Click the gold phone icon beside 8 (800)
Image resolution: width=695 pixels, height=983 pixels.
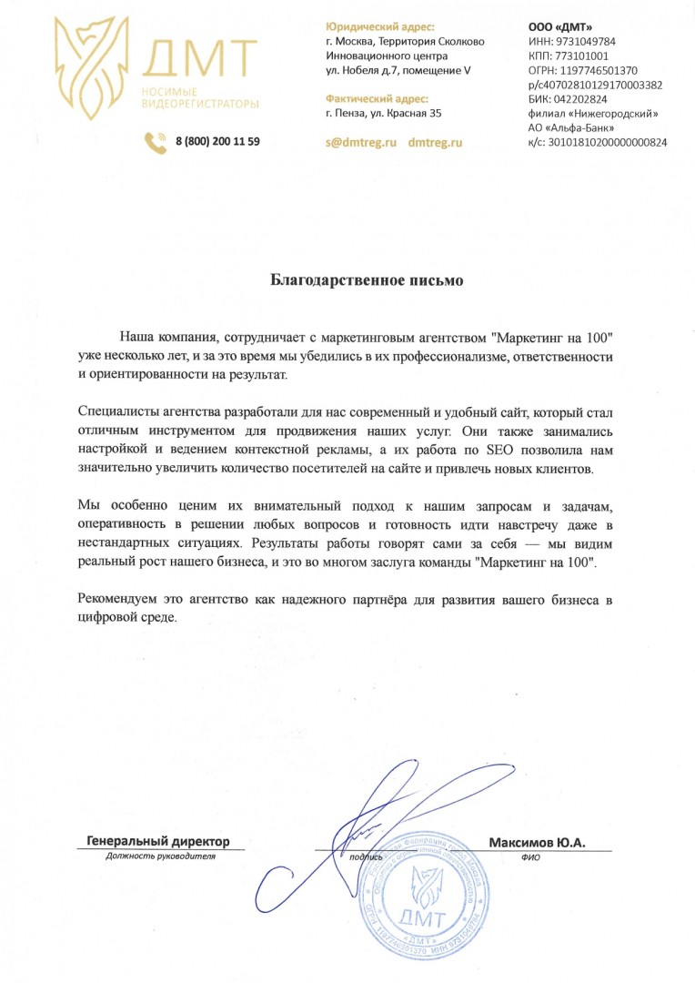click(x=156, y=142)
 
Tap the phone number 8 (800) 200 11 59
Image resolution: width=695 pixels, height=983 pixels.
click(x=218, y=141)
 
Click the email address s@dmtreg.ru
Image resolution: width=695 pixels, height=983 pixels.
click(x=362, y=143)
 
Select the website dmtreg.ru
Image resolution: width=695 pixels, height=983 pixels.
click(x=436, y=143)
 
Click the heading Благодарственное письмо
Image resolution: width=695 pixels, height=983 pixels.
click(x=368, y=280)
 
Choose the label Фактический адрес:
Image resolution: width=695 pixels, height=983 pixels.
click(x=377, y=98)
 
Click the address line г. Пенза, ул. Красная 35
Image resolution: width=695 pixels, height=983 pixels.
click(x=383, y=113)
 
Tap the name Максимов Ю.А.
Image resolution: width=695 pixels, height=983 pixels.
click(x=537, y=843)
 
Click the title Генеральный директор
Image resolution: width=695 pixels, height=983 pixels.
click(x=158, y=842)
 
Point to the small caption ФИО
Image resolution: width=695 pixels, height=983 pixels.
click(x=531, y=857)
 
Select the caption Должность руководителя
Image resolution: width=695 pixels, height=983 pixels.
click(x=160, y=856)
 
